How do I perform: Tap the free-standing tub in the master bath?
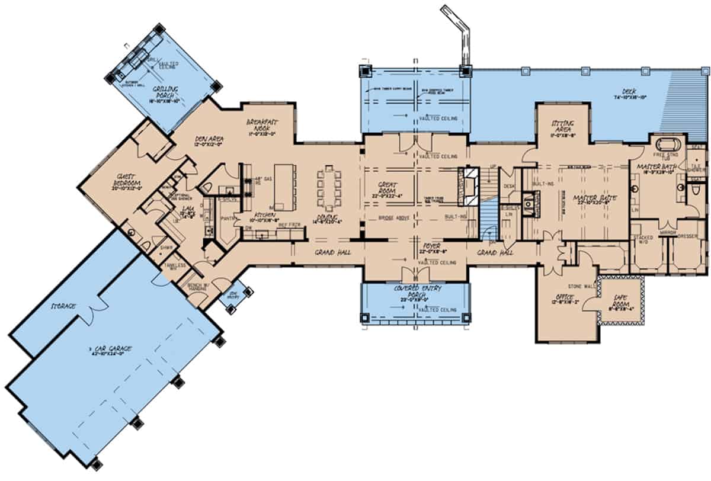[667, 145]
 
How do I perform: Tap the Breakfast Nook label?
[261, 125]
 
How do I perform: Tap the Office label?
[561, 297]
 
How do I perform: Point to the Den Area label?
[208, 140]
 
